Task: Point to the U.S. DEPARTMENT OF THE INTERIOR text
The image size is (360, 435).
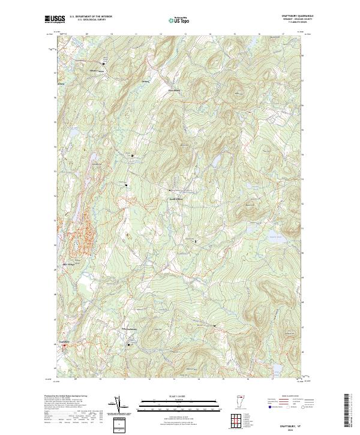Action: tap(91, 16)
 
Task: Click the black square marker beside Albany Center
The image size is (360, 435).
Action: tap(103, 64)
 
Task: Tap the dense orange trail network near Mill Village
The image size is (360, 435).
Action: tap(80, 231)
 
